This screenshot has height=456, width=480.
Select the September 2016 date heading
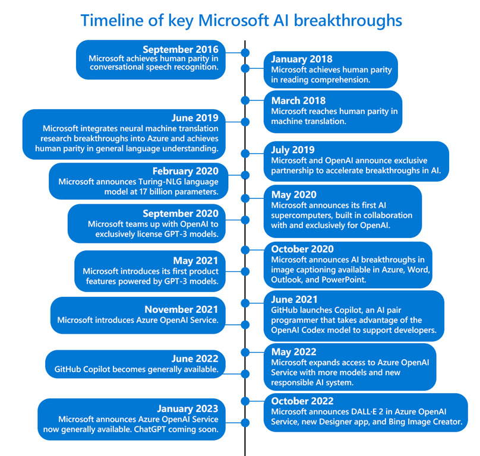click(181, 49)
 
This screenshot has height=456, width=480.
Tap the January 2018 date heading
click(302, 59)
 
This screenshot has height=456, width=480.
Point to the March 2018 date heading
click(299, 100)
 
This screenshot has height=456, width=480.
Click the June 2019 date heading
click(194, 118)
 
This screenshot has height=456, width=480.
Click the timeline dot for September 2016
click(245, 53)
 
